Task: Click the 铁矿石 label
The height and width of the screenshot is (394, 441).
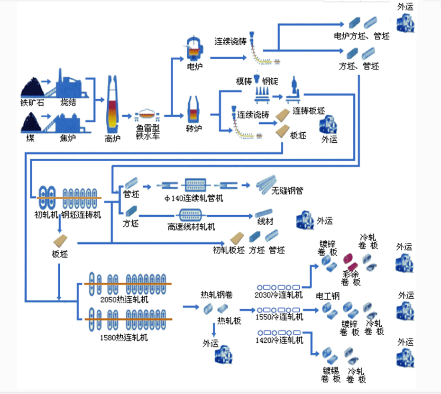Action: pos(32,102)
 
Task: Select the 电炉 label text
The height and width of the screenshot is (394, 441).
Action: pos(195,67)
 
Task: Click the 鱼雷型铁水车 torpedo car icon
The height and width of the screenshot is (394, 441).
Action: pos(147,116)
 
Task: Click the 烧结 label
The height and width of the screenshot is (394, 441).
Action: pos(68,102)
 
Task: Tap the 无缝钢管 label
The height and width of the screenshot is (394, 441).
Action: pos(287,191)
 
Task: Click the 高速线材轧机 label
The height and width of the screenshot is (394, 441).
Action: pos(191,227)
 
